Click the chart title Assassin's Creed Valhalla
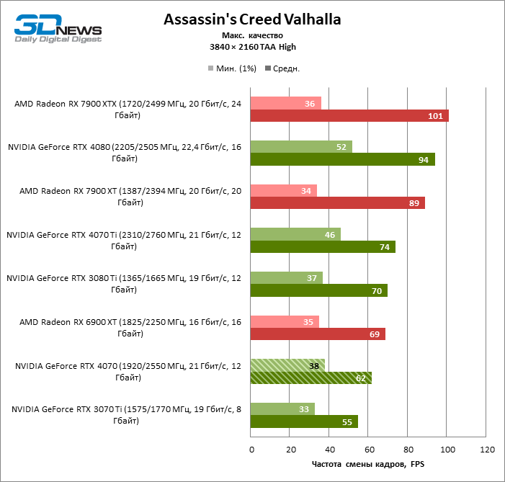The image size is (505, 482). tap(252, 19)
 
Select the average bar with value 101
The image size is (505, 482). tap(349, 116)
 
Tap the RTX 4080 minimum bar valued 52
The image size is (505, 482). tap(301, 147)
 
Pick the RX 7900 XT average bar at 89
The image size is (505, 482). tap(337, 203)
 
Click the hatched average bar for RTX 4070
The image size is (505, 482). tap(311, 378)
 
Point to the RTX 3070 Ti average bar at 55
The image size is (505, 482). tap(304, 421)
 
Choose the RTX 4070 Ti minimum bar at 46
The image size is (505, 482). tap(295, 234)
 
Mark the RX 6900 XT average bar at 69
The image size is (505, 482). tap(318, 334)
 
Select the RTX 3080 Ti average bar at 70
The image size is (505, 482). tap(319, 290)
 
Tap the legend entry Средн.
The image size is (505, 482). tap(282, 69)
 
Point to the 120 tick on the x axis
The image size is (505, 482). tap(486, 450)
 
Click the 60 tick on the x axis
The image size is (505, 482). tap(369, 450)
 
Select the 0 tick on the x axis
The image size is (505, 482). tap(251, 450)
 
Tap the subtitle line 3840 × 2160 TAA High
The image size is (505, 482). tap(252, 47)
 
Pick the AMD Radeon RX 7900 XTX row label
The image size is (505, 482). tap(126, 110)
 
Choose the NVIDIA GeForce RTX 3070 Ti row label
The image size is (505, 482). tap(126, 415)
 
